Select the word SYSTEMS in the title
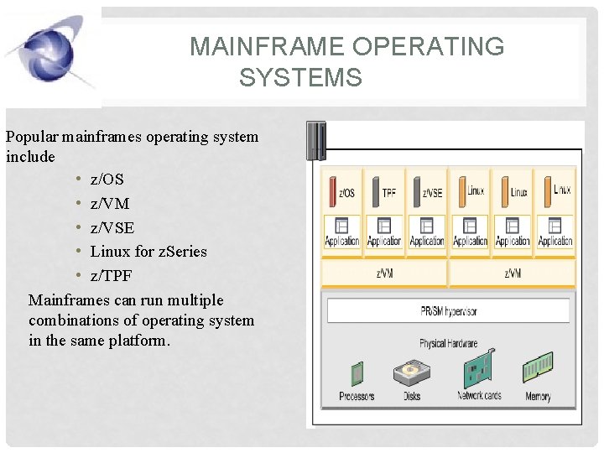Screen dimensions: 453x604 click(300, 79)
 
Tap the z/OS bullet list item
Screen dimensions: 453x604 click(107, 180)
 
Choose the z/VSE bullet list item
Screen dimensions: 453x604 click(112, 228)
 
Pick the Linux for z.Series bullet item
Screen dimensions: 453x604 click(148, 252)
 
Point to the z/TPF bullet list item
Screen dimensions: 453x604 click(111, 276)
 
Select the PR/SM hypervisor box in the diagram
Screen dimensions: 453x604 click(448, 311)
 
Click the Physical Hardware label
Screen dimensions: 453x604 click(448, 344)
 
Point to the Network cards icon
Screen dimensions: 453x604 click(478, 370)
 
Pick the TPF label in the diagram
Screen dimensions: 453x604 click(388, 193)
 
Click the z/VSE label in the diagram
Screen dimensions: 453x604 click(432, 193)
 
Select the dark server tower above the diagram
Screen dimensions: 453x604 click(315, 141)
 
